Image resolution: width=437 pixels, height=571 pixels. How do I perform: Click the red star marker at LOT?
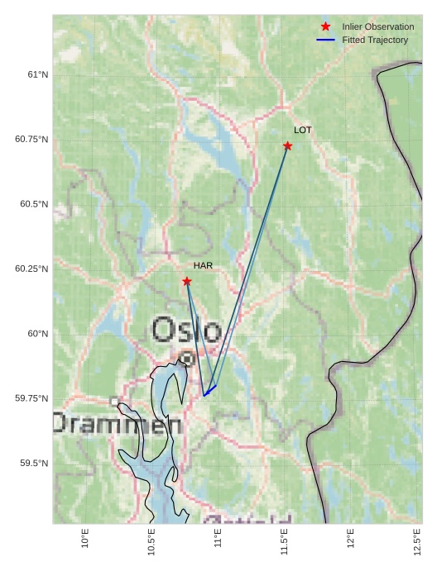click(287, 146)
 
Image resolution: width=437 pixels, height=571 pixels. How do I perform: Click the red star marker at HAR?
click(187, 282)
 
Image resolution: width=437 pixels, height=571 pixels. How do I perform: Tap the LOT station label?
click(303, 131)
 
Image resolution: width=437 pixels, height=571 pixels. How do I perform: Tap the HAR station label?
click(203, 265)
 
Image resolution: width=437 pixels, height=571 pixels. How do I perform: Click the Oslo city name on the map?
click(186, 330)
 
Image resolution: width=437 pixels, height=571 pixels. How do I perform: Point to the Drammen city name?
click(117, 424)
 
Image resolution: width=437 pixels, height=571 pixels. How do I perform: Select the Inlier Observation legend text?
click(377, 27)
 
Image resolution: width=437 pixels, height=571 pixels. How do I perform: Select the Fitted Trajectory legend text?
click(375, 40)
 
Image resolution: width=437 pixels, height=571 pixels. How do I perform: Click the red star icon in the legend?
click(325, 27)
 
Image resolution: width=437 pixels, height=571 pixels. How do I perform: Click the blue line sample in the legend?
click(325, 40)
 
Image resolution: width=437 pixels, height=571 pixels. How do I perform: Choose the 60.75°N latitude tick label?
click(31, 139)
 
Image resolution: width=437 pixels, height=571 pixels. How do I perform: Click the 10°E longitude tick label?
click(85, 538)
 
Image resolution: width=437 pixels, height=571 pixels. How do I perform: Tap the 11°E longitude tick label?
click(218, 538)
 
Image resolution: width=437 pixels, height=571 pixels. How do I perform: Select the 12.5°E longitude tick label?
click(417, 541)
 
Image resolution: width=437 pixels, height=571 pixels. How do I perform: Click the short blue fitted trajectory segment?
click(210, 390)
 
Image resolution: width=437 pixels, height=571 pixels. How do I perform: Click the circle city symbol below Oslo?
click(187, 359)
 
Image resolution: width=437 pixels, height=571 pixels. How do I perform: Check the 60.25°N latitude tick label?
click(31, 269)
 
